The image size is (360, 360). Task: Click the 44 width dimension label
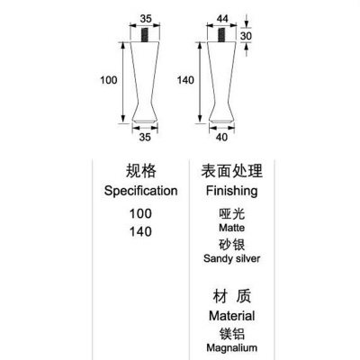(222, 19)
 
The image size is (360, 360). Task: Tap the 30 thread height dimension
(246, 36)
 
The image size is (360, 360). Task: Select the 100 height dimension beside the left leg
(109, 80)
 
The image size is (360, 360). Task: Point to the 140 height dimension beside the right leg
(185, 80)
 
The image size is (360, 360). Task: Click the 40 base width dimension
(221, 137)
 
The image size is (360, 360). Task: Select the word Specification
(140, 191)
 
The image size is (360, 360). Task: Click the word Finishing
(231, 191)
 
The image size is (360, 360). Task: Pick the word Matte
(231, 228)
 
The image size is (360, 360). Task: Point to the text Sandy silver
(231, 258)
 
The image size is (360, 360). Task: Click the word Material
(232, 316)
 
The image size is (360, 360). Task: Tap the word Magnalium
(232, 348)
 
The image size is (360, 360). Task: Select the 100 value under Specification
(140, 213)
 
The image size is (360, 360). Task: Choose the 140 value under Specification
(140, 231)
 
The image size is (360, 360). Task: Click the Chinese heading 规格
(140, 171)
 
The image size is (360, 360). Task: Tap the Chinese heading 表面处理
(231, 171)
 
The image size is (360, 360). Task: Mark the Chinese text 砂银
(232, 245)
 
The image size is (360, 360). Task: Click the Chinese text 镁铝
(232, 334)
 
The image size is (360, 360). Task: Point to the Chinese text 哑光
(232, 214)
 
